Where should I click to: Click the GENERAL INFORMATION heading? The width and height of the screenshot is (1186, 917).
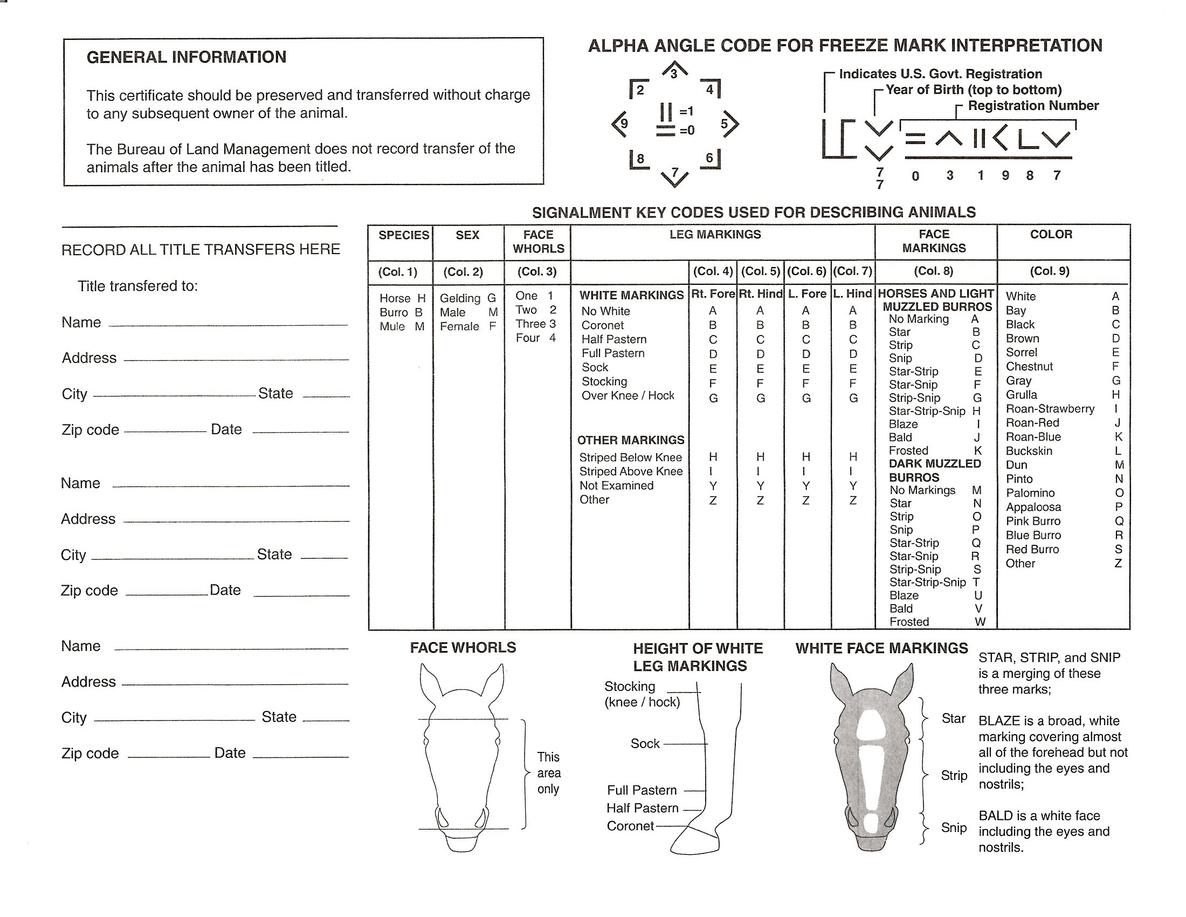[x=187, y=58]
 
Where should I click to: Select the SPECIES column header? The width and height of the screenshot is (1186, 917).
[x=403, y=235]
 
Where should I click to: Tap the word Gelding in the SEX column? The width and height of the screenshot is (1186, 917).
[x=460, y=298]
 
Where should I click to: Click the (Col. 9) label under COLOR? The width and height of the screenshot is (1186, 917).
[x=1049, y=271]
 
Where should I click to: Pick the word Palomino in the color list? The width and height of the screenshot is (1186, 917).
[x=1030, y=492]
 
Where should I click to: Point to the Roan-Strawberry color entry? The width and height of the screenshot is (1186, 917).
[x=1050, y=408]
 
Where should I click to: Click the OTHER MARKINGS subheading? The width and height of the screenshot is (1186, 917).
[x=631, y=440]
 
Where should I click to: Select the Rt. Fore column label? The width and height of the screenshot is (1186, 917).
[x=713, y=294]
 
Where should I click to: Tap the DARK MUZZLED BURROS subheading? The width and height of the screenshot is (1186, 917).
[x=935, y=470]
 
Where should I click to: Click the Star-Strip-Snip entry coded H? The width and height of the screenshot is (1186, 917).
[x=927, y=411]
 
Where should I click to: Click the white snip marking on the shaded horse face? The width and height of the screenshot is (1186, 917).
[x=871, y=822]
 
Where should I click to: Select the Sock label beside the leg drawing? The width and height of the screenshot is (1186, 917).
[x=645, y=743]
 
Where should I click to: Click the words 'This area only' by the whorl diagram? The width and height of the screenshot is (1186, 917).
[x=548, y=772]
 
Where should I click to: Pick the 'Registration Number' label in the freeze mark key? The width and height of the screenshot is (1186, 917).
[x=1033, y=105]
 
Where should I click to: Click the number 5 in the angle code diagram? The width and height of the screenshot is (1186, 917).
[x=724, y=124]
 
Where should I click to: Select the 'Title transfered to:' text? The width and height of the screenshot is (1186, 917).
[x=137, y=286]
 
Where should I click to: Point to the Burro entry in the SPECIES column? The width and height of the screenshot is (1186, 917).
[x=394, y=312]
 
